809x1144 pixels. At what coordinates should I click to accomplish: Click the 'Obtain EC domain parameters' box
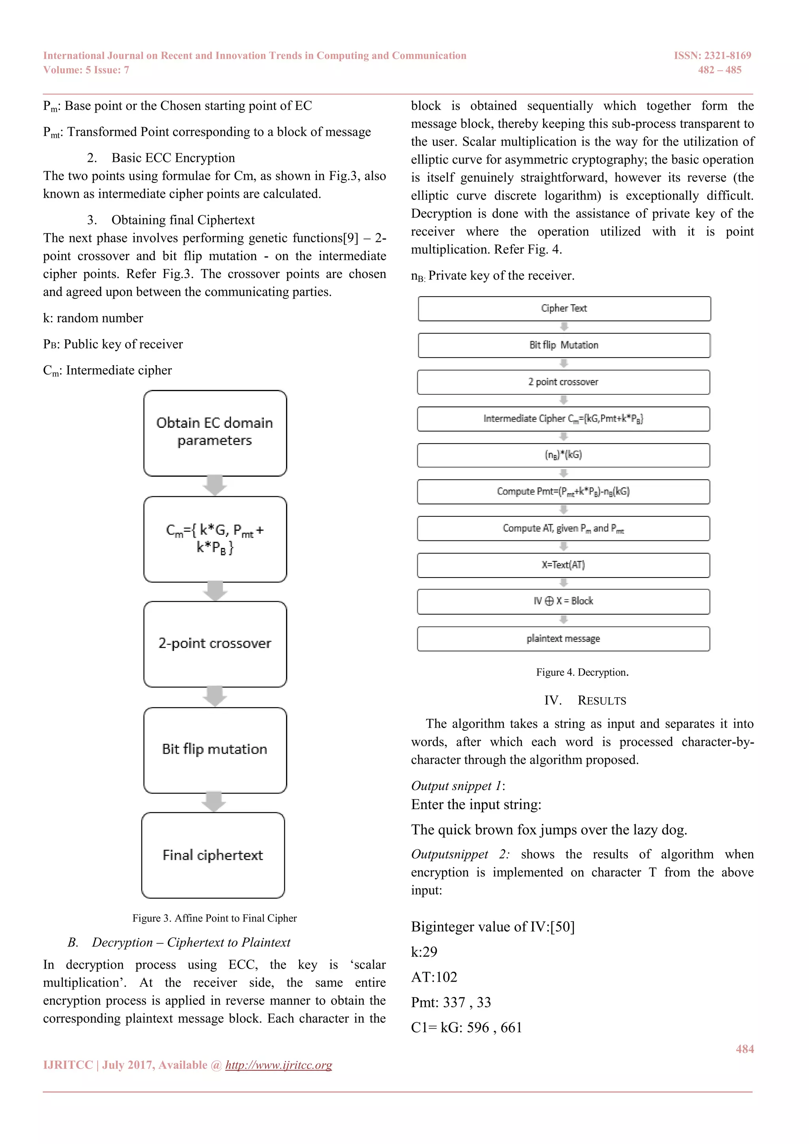(x=215, y=433)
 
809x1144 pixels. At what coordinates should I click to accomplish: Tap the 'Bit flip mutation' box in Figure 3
(x=215, y=749)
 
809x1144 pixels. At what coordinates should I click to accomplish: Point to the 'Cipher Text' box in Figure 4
(x=564, y=309)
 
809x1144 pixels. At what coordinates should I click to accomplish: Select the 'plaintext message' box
(x=563, y=639)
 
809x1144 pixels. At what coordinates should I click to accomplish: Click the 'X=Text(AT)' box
(x=563, y=565)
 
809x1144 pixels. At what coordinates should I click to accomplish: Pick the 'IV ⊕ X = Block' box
(x=563, y=601)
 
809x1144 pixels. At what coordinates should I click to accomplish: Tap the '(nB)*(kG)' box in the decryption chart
(x=563, y=455)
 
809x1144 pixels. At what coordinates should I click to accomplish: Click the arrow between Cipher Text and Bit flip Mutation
(x=564, y=327)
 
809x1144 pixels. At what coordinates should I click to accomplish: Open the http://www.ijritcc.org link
(x=278, y=1065)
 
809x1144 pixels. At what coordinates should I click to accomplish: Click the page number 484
(x=744, y=1049)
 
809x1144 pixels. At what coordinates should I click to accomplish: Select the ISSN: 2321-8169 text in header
(x=712, y=55)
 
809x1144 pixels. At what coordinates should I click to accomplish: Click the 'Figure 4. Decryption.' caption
(x=582, y=672)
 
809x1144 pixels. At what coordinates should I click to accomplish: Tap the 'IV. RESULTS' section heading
(x=585, y=700)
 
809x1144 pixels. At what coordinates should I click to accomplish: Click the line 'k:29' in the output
(x=424, y=952)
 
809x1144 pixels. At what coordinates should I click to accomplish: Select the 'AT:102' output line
(x=434, y=977)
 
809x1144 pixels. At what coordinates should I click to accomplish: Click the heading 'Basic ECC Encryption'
(x=173, y=158)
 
